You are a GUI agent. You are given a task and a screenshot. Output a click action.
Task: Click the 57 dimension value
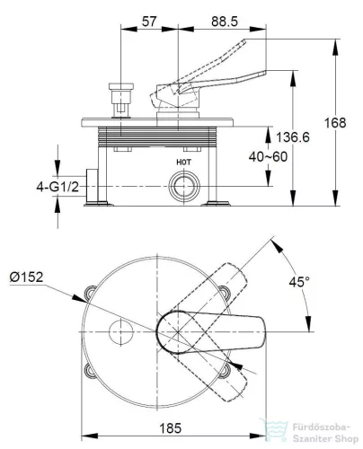coord(149,22)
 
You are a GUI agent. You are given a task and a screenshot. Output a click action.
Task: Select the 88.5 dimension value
coord(225,22)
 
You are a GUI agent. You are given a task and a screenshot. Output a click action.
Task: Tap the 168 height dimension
coord(335,123)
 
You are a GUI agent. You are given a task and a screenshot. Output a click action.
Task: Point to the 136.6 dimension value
coord(293,137)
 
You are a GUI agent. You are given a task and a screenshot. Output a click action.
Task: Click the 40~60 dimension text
coord(268,156)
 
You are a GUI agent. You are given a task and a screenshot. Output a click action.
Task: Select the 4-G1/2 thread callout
coord(58,187)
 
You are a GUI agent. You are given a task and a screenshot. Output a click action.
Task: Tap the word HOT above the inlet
coord(183,163)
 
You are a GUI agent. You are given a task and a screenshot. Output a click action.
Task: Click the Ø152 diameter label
coord(26,277)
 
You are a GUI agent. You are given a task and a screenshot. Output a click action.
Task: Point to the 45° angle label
coord(299,282)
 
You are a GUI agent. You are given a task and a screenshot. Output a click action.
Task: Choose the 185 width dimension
coord(171,428)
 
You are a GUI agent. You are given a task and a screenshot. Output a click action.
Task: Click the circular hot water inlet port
coord(184,186)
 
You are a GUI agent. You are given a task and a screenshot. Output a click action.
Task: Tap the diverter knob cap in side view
coord(120,86)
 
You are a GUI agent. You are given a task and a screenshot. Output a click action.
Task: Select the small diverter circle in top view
coord(120,332)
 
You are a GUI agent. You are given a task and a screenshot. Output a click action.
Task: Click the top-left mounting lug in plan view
coord(90,292)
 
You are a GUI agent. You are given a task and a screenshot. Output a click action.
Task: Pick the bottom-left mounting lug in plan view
coord(90,371)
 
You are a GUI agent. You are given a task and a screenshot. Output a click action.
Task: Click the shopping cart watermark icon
coord(274,430)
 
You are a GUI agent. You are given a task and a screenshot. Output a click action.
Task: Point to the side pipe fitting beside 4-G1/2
coord(92,186)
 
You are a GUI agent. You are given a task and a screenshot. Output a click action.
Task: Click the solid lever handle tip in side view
coord(265,72)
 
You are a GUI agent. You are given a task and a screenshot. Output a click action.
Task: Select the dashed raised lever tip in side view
coord(244,42)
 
